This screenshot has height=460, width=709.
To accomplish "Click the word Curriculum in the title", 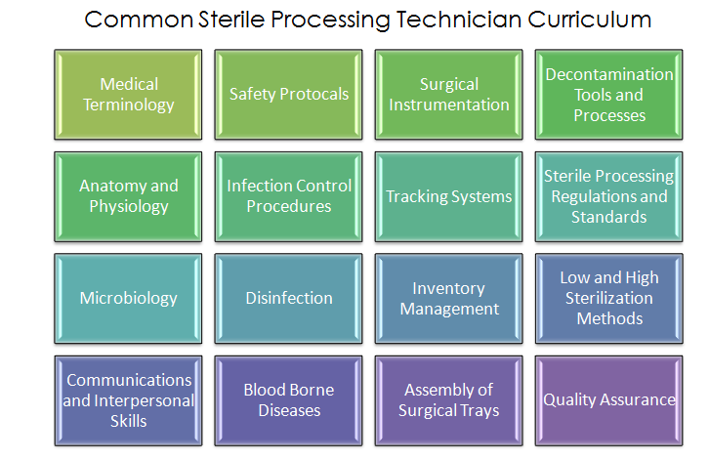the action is tap(589, 20).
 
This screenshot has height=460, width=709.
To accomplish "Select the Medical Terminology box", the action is tap(128, 95).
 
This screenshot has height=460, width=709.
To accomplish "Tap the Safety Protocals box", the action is tap(288, 95).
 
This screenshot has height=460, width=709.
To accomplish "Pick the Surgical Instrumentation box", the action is tap(448, 95).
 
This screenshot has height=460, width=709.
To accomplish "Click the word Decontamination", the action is tap(609, 74).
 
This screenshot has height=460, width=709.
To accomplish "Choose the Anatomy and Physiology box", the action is tap(128, 196).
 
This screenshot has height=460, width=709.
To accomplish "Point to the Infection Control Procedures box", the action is tap(288, 196).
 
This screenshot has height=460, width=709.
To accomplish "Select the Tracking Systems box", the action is tap(448, 196).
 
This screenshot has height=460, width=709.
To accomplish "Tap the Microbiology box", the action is tap(128, 299).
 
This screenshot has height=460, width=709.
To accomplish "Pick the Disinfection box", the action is tap(288, 299).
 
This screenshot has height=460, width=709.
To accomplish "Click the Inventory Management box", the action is tap(448, 299).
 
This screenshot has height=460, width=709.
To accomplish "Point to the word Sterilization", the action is tap(609, 298).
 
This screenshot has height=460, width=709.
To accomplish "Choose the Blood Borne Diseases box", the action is tap(288, 400).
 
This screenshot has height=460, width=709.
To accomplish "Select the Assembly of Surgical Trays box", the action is tap(448, 400).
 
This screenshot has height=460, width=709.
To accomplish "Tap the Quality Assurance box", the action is tap(609, 400).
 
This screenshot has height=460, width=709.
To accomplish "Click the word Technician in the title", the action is tap(459, 20).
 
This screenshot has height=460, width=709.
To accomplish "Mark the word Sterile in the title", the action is tap(231, 20).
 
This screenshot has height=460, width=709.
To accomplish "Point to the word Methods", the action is tap(609, 318).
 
